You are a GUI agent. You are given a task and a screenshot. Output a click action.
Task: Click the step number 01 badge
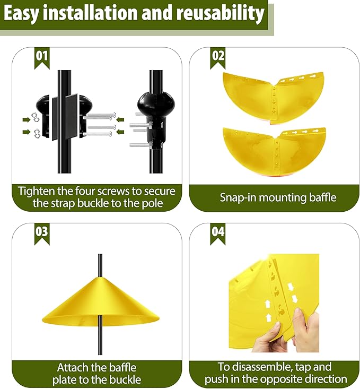coord(41,56)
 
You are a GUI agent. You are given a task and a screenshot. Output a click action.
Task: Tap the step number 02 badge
coord(218,56)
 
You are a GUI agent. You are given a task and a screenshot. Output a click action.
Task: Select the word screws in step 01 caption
coord(122,191)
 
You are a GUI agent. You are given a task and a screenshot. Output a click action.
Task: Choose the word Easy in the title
coord(25,14)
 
